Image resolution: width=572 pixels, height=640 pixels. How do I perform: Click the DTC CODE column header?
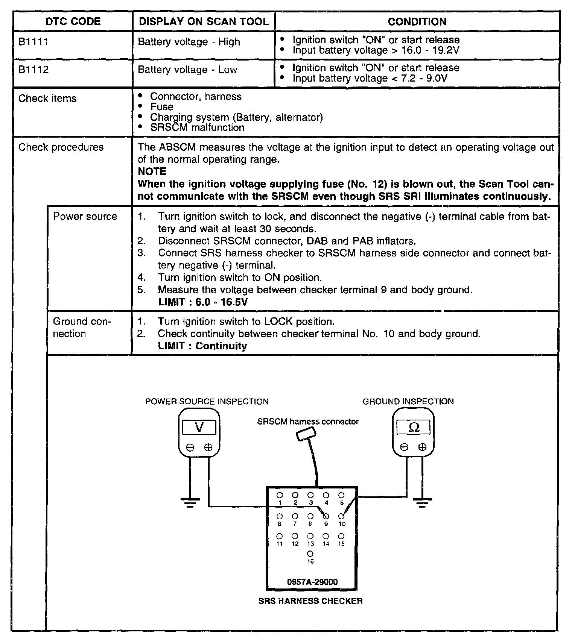click(x=73, y=21)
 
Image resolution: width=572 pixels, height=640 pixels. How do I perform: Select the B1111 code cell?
click(x=33, y=41)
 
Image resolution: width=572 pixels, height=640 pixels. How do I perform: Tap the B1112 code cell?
click(x=33, y=70)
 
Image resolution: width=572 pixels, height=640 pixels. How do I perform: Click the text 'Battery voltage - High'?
click(x=189, y=41)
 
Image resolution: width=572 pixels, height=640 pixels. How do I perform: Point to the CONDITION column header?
click(x=417, y=21)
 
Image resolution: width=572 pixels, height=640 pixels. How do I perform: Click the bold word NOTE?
click(x=152, y=171)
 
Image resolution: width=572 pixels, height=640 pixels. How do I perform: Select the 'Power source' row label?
click(x=85, y=217)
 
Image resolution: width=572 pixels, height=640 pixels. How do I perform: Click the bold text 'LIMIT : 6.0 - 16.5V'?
click(x=203, y=302)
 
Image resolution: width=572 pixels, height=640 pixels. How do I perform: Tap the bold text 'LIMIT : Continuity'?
click(x=202, y=346)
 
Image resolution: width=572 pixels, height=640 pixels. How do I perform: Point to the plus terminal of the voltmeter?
click(x=208, y=447)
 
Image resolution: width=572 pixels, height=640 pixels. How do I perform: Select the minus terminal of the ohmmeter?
click(x=404, y=447)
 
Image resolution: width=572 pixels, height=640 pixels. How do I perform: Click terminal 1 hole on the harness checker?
click(x=280, y=495)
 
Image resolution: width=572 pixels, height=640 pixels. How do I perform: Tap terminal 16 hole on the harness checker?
click(x=310, y=554)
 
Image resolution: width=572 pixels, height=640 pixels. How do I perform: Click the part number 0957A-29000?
click(x=312, y=582)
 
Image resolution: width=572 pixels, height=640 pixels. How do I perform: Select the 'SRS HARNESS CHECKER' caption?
click(x=310, y=601)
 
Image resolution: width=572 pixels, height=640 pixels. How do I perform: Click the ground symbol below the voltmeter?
click(x=190, y=502)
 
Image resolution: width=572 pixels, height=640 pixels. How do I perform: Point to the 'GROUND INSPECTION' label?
click(x=408, y=402)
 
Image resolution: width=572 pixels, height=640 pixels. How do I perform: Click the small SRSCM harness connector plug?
click(x=306, y=434)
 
